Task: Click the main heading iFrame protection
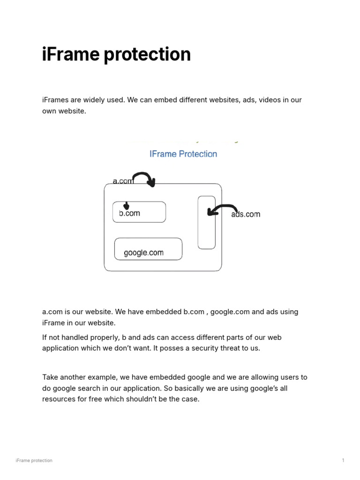(116, 54)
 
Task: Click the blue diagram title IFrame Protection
(183, 154)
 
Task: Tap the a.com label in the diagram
(123, 181)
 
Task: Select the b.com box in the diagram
(139, 212)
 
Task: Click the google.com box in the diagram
(148, 249)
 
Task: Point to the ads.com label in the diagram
(246, 214)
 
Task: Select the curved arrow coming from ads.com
(222, 209)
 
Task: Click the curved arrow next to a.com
(145, 179)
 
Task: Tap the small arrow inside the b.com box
(126, 206)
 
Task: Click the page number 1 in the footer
(343, 460)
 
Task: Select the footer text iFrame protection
(34, 460)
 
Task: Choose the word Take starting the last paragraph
(51, 377)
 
